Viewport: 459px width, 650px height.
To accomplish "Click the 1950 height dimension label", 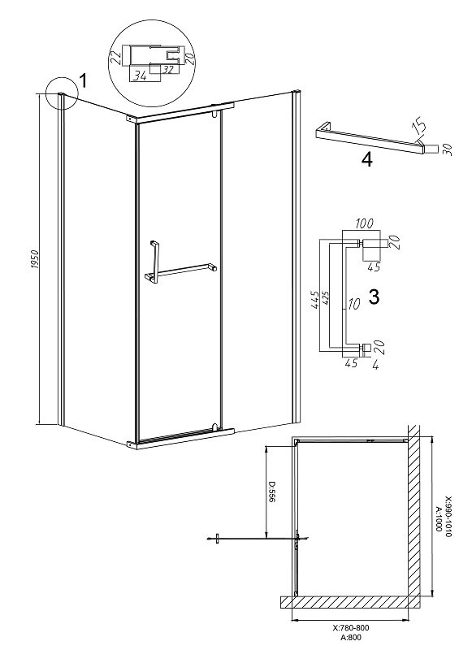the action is [35, 259].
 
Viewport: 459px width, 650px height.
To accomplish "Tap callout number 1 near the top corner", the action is [83, 80].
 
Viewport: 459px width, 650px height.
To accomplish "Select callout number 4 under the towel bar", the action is [367, 160].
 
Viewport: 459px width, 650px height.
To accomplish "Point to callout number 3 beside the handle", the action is [374, 297].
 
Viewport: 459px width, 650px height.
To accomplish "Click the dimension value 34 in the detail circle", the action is [141, 76].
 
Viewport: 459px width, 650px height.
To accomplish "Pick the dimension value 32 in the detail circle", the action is [167, 70].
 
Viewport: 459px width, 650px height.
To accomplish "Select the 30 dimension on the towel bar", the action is [447, 149].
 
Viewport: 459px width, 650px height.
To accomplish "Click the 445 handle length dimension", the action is [314, 300].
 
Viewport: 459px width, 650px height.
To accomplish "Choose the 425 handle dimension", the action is [325, 298].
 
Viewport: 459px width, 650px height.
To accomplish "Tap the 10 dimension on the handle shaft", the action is [353, 305].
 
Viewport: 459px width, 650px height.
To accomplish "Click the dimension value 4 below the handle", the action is [375, 366].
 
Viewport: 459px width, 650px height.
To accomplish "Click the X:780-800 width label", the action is [350, 627].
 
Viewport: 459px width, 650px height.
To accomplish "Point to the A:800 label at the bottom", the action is [351, 638].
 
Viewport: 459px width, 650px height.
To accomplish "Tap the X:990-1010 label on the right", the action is [448, 517].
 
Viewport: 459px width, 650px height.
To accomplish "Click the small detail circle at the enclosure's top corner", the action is [63, 93].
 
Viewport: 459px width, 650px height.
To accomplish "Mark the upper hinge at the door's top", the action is [214, 114].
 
